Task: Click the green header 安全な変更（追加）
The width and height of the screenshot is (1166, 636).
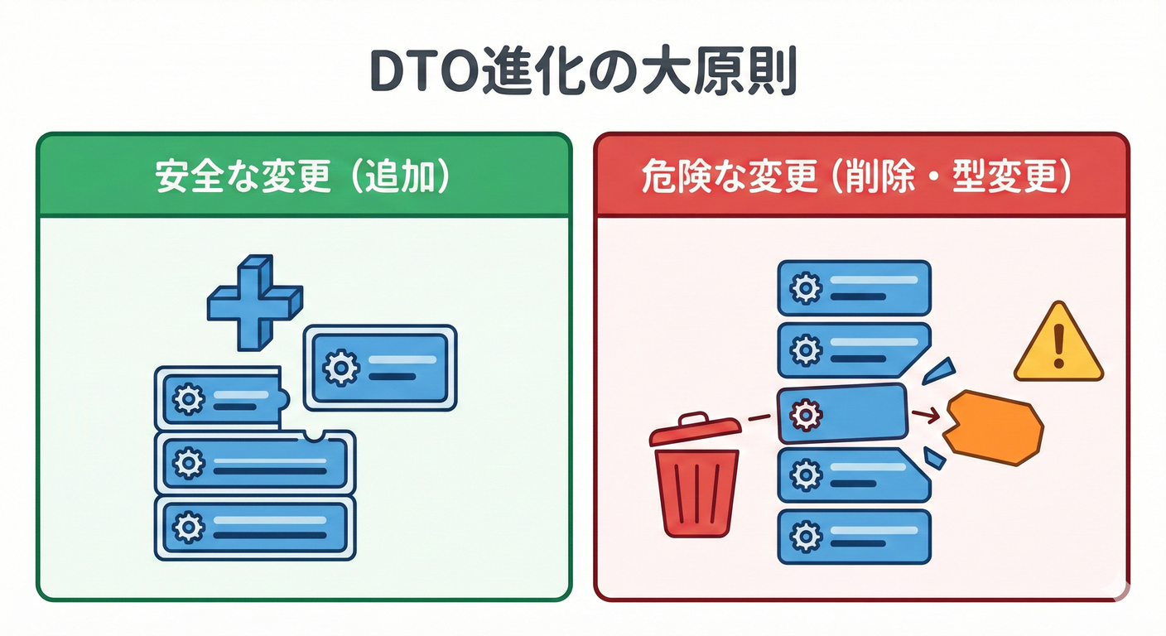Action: pos(303,178)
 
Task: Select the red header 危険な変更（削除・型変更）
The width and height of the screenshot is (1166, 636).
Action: pos(861,178)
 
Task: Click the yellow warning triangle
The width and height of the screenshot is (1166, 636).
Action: pos(1058,346)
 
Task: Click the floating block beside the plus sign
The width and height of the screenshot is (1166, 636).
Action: pos(380,367)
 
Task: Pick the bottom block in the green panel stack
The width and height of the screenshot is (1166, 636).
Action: pos(255,527)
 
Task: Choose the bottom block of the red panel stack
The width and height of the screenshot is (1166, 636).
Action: pos(854,537)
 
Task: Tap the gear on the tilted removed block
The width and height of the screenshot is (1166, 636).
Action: pos(802,414)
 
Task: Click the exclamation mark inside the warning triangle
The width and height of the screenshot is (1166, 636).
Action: pos(1058,348)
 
